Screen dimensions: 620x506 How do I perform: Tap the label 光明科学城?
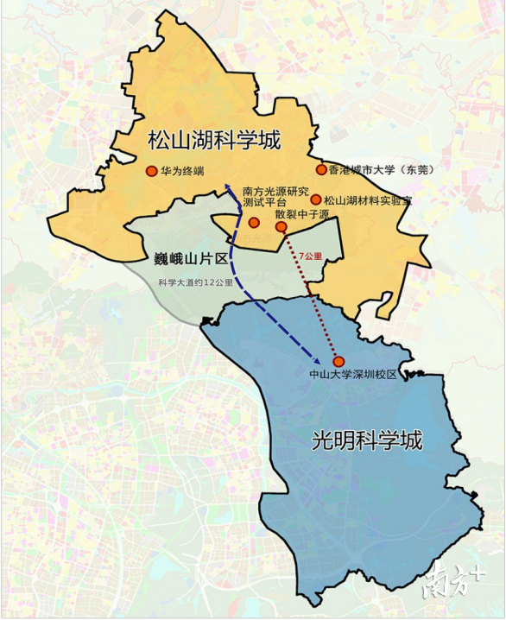coord(367,440)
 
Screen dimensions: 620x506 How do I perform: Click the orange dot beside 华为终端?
coord(152,171)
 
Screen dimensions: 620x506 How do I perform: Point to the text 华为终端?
coord(182,171)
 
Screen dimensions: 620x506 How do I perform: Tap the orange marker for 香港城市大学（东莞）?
coord(321,170)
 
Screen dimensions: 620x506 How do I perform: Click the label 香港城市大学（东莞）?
coord(379,170)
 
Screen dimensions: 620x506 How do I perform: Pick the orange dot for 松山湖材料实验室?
coord(316,199)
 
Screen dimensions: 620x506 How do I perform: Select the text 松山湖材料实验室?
coord(368,200)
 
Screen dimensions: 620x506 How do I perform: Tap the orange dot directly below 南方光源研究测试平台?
coord(254,223)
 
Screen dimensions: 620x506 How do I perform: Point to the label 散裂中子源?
coord(302,213)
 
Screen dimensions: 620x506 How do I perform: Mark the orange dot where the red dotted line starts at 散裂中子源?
coord(281,227)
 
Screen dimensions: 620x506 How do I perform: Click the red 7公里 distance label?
coord(311,257)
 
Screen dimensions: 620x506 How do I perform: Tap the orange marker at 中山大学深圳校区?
coord(338,361)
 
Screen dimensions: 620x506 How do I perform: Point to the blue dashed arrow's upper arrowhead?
coord(228,184)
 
